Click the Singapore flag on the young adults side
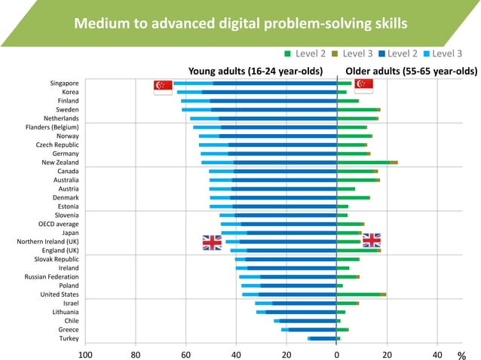pos(162,87)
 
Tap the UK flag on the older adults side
pos(372,239)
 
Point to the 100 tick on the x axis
pos(85,353)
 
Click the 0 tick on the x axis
pos(337,353)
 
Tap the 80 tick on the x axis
pos(136,353)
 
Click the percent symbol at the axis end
pos(461,354)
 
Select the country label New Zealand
pos(60,163)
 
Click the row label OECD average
pos(58,224)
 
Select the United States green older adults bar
pos(360,294)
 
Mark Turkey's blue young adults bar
pos(323,338)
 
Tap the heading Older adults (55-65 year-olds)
pos(406,72)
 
